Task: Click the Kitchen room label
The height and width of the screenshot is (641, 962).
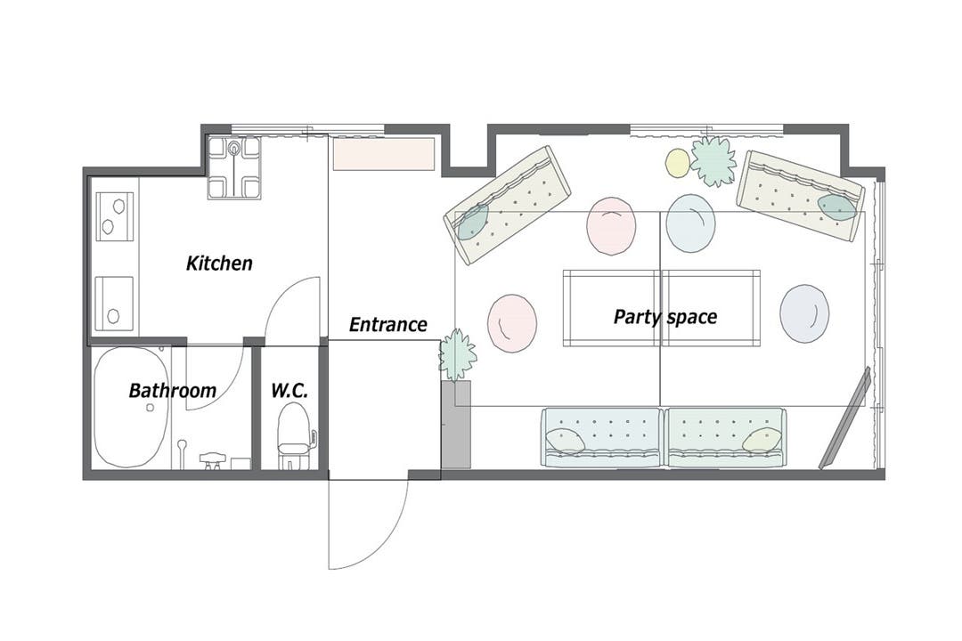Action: click(219, 264)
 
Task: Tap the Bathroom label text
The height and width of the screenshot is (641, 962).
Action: click(173, 390)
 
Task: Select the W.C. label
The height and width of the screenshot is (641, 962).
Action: click(289, 390)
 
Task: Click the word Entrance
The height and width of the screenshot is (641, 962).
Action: click(387, 324)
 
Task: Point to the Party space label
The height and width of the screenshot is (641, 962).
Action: click(665, 317)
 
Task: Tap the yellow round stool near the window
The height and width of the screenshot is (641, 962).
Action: click(678, 163)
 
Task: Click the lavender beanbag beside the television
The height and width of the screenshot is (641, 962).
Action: click(804, 313)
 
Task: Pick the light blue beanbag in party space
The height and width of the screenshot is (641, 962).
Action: click(691, 223)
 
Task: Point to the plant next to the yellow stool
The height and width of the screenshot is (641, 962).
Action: click(713, 161)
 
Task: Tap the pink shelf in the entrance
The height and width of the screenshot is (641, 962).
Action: click(384, 154)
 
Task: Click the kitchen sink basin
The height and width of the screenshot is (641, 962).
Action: click(114, 304)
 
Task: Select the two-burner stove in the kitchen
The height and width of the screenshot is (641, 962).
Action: click(115, 217)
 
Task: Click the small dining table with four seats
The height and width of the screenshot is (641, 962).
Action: click(233, 167)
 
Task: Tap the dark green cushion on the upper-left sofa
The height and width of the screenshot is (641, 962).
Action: click(472, 222)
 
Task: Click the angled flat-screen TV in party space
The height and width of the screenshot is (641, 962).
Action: click(845, 418)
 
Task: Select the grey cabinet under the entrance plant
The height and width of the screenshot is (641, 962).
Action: click(456, 425)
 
